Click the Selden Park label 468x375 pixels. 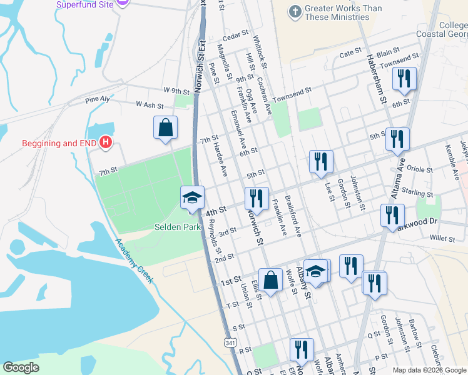coord(178,226)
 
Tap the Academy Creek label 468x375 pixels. coord(134,262)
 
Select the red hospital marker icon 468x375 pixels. coord(106,143)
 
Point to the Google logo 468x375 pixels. coord(21,367)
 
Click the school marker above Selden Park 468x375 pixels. coord(192,198)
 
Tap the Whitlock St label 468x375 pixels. coord(260,52)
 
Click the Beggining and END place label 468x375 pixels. coord(58,143)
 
